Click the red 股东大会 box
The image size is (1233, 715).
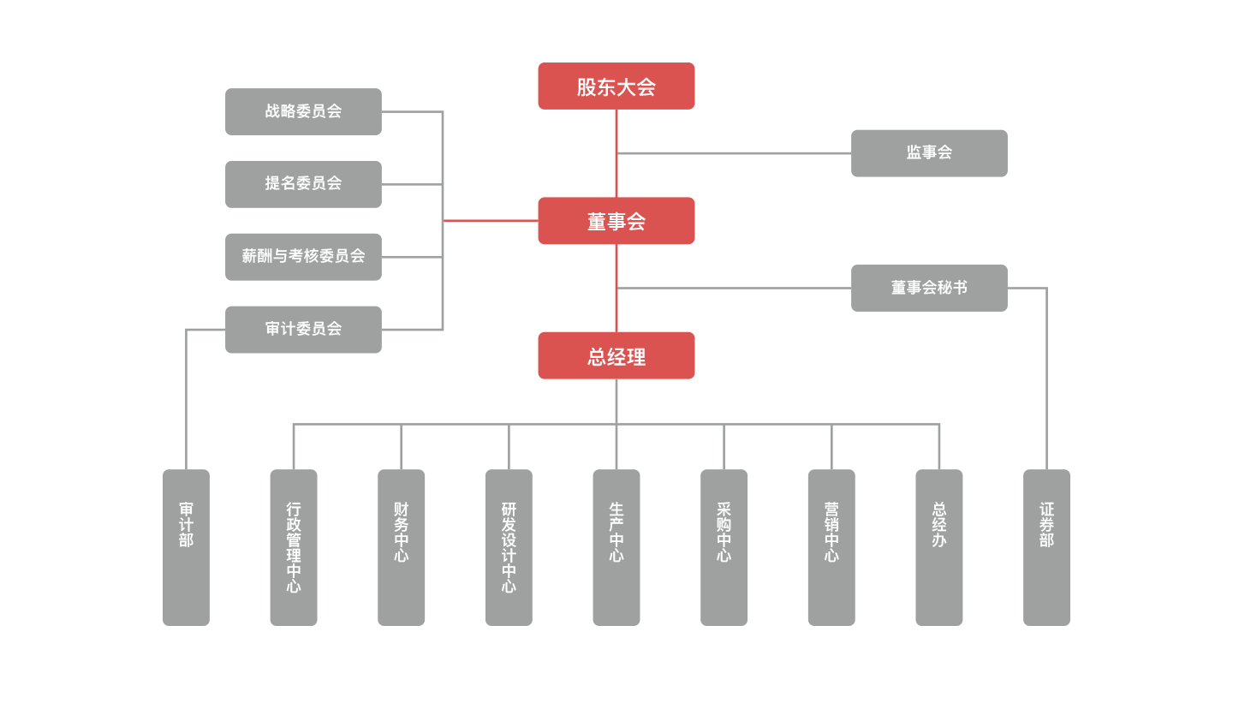[x=616, y=86]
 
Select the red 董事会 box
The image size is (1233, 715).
[x=616, y=221]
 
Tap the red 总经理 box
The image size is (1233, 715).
[x=616, y=355]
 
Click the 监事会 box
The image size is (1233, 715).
[x=929, y=153]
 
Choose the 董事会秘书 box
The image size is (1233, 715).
[x=929, y=288]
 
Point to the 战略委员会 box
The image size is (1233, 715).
[x=303, y=111]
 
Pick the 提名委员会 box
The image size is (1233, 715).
[x=303, y=184]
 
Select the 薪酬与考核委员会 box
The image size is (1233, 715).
[x=303, y=256]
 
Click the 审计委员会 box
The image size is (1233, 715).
[x=303, y=330]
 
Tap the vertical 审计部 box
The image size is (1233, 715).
[x=186, y=547]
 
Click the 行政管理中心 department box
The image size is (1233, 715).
[x=294, y=547]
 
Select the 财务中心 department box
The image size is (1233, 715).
[x=401, y=547]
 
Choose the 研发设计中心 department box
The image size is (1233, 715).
[x=509, y=547]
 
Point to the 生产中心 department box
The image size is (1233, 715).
[x=616, y=547]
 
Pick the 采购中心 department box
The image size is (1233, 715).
[x=724, y=547]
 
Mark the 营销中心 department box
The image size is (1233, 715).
[x=831, y=547]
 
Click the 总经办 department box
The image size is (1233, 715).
[x=938, y=547]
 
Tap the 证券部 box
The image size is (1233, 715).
[x=1046, y=547]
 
